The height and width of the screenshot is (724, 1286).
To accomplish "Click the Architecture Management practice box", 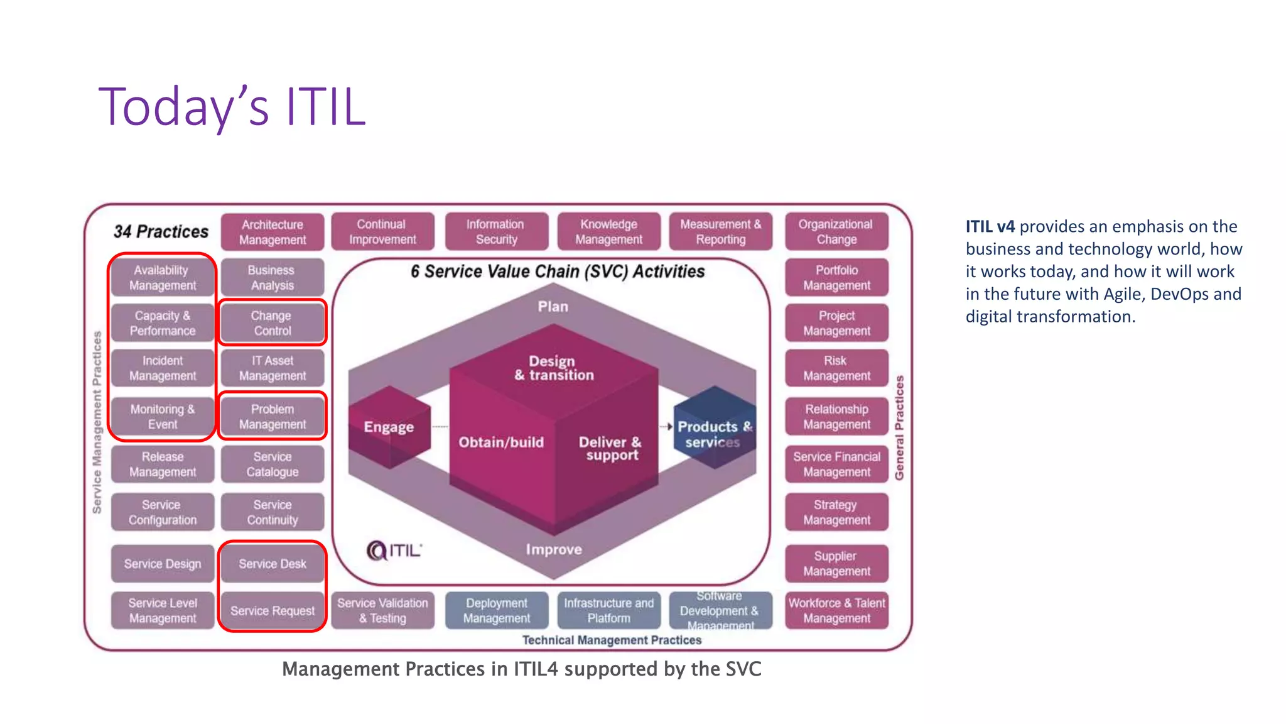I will pos(272,232).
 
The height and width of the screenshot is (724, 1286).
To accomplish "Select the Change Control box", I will pos(272,323).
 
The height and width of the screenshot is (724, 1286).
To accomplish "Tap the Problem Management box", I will pos(272,416).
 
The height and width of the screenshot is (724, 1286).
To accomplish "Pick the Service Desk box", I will pos(272,564).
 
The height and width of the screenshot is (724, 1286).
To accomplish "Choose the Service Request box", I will pos(272,610).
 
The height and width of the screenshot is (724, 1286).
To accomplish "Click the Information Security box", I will pos(496,232).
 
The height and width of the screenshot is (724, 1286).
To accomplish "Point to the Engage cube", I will pos(389,427).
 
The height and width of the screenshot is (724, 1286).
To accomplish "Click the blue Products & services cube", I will pos(714,428).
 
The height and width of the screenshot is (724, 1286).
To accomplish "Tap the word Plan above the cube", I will pos(553,307).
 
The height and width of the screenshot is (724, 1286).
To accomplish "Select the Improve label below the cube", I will pos(554,549).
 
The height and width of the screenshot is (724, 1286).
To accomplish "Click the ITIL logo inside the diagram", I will pos(394,551).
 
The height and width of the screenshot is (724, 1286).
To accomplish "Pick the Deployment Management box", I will pos(496,610).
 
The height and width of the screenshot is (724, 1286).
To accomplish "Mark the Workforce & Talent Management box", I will pos(836,610).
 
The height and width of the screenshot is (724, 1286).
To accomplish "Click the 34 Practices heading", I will pos(161,232).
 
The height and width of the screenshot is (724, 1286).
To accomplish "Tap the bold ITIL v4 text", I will pos(990,227).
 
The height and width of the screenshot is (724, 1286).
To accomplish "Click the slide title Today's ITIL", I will pos(232,107).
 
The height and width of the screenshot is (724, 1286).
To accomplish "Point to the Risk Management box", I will pos(836,368).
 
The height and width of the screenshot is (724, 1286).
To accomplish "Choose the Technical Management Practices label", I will pos(612,640).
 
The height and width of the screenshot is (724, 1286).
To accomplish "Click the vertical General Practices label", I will pos(899,427).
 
